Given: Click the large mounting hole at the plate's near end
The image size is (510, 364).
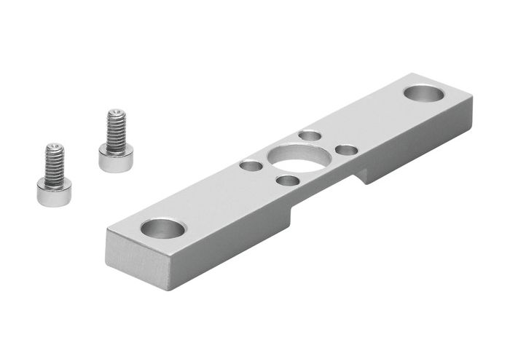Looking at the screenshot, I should click(162, 228).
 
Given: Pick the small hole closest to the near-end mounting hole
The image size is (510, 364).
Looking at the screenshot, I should click(251, 166).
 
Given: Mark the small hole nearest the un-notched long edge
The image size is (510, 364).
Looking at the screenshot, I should click(310, 135).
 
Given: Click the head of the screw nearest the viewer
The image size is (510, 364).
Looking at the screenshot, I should click(54, 191).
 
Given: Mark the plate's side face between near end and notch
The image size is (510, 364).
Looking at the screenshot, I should click(219, 244).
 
